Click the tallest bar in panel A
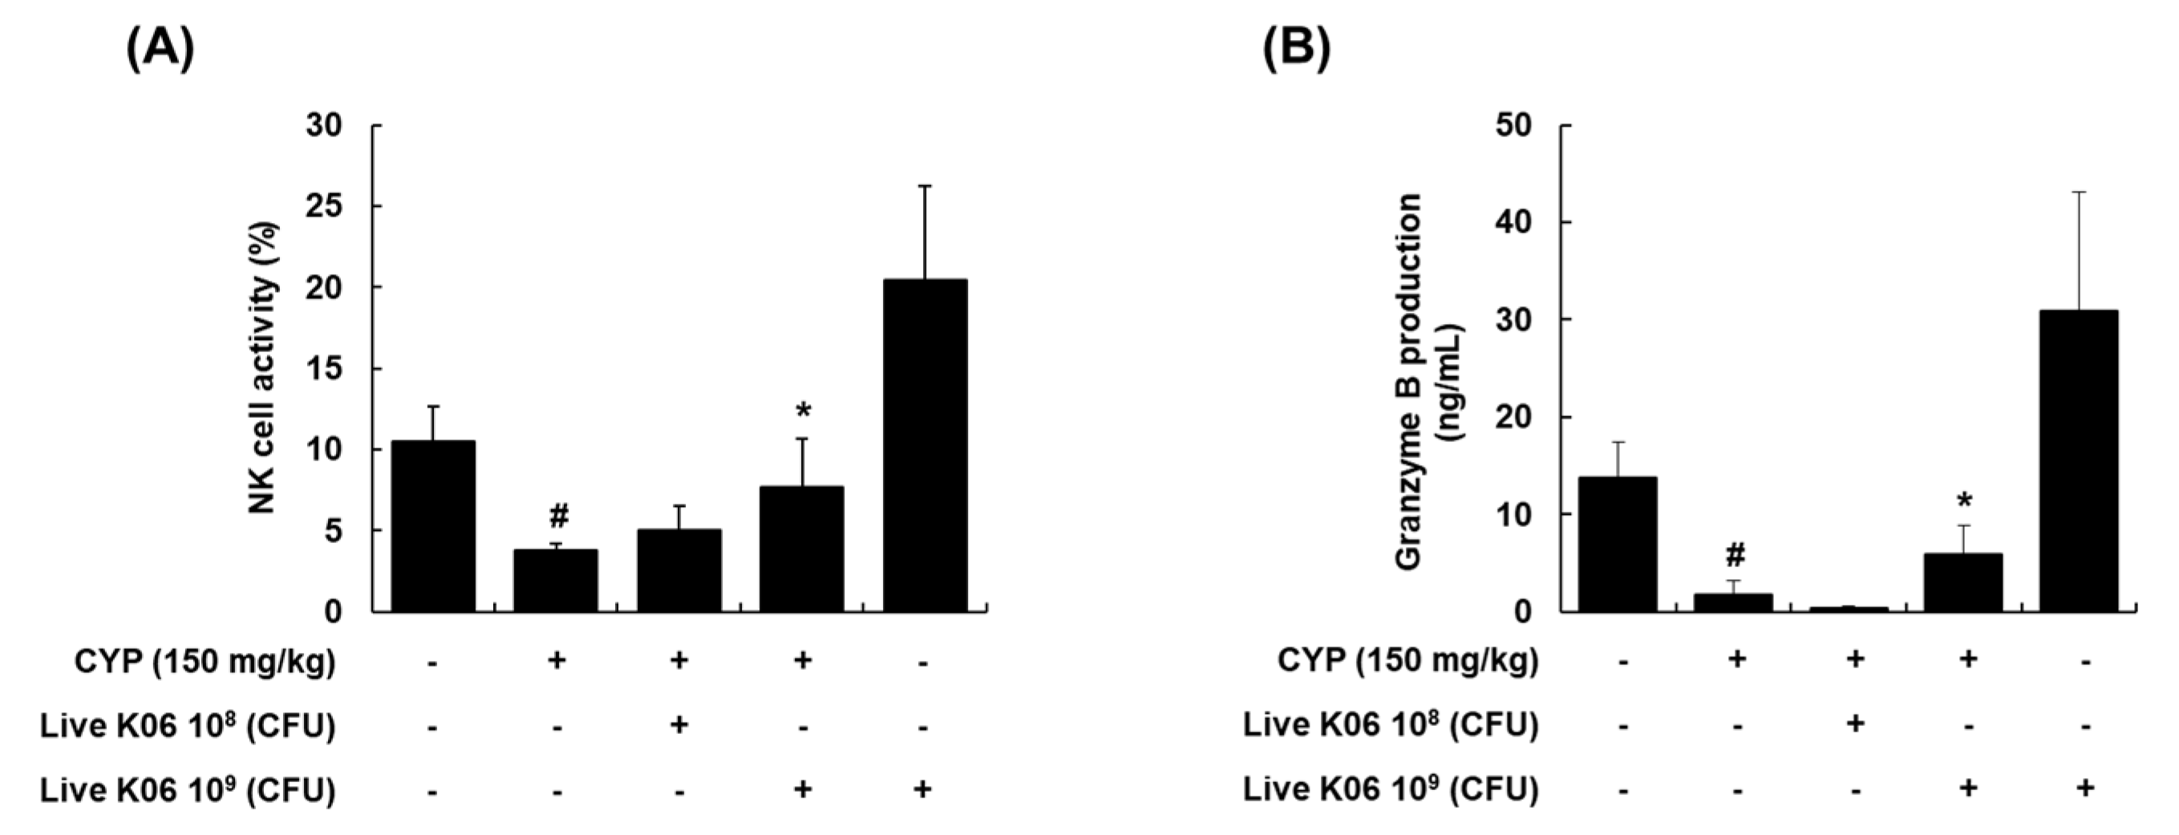click(925, 445)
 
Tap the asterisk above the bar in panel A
click(803, 412)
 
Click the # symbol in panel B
click(1735, 556)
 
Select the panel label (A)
click(160, 50)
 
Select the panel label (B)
click(1296, 50)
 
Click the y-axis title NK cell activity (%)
click(264, 367)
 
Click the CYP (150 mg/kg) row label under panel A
click(205, 662)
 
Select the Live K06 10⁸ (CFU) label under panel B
click(1390, 725)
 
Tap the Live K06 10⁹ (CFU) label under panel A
click(188, 790)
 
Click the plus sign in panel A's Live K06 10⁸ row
click(678, 725)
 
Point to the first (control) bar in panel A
click(432, 525)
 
